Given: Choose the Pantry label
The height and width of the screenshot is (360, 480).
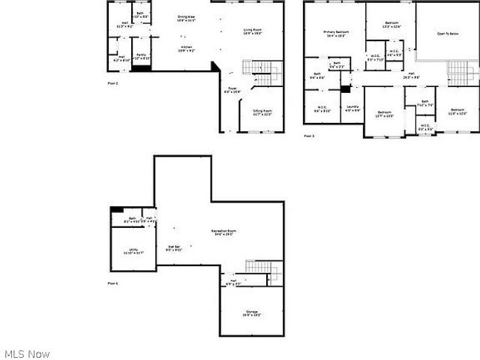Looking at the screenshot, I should [142, 56].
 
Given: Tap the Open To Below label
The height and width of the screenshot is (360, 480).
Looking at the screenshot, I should [448, 34].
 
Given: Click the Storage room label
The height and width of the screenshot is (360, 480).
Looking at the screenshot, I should [251, 313].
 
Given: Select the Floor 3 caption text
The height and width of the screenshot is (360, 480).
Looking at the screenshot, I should [309, 136].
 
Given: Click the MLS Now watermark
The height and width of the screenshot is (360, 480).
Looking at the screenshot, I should [27, 353].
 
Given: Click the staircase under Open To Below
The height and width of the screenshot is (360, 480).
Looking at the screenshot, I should [457, 73].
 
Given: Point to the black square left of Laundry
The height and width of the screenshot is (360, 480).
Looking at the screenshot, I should [345, 88].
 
